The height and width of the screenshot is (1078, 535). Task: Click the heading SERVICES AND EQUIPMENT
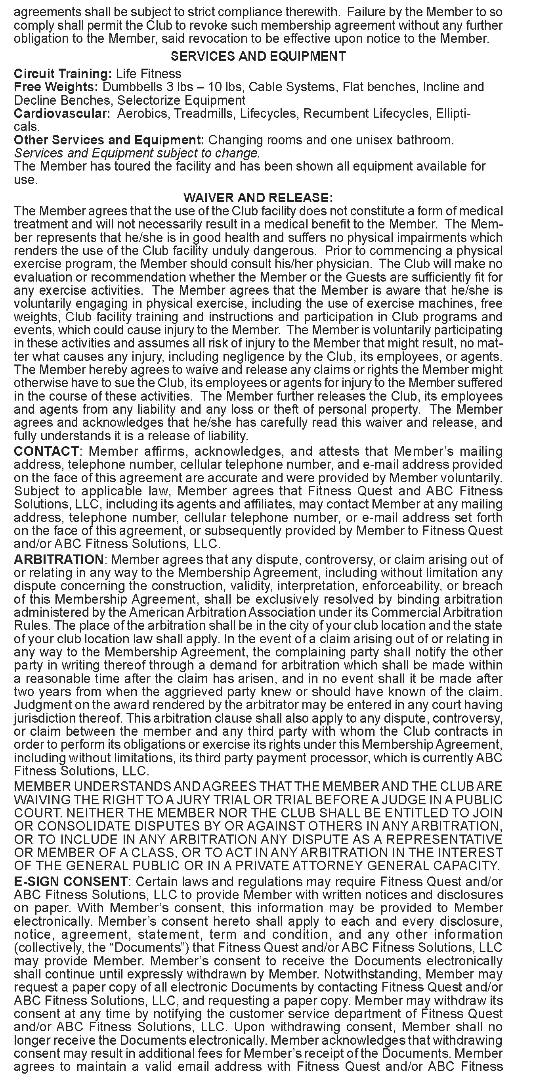click(x=258, y=56)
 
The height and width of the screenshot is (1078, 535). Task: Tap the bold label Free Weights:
click(x=56, y=87)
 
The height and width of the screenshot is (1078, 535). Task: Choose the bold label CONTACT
click(x=46, y=451)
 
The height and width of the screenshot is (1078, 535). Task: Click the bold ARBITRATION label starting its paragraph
click(x=59, y=560)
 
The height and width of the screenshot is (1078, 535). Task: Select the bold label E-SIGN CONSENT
click(x=71, y=882)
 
